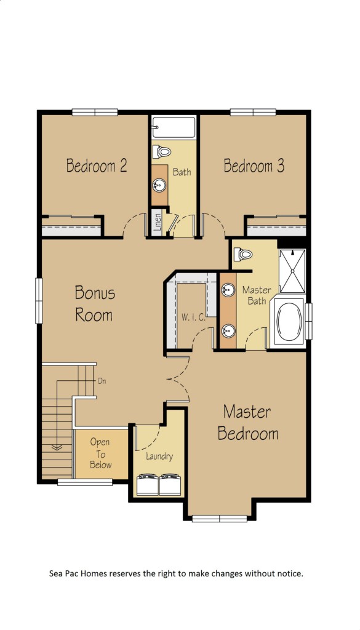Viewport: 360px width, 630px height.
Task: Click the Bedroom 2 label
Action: click(x=97, y=165)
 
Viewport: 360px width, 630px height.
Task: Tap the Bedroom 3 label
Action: click(x=254, y=165)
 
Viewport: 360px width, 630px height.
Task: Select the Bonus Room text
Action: click(x=94, y=303)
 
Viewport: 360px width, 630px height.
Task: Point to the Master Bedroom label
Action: click(x=248, y=423)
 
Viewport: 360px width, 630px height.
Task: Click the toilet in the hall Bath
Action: click(x=161, y=151)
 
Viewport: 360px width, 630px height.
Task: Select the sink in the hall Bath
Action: click(x=159, y=186)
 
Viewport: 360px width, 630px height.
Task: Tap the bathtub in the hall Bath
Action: click(x=174, y=127)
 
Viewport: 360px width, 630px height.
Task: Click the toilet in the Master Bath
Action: click(x=243, y=254)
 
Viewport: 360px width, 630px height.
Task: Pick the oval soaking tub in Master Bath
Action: click(x=289, y=322)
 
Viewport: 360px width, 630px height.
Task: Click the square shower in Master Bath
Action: click(x=292, y=271)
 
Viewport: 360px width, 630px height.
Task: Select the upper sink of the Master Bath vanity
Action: click(x=228, y=289)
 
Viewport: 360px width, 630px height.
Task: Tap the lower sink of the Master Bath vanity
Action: click(x=228, y=330)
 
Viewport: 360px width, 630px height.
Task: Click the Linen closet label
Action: click(x=158, y=222)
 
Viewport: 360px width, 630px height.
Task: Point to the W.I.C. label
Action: click(x=193, y=317)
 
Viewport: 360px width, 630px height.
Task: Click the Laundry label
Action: click(x=159, y=456)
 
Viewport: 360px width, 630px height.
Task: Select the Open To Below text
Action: click(x=100, y=453)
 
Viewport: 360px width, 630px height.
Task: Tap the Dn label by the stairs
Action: click(x=102, y=380)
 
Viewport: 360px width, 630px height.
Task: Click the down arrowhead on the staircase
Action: click(x=57, y=447)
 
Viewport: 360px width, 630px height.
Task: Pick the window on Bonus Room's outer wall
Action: click(x=39, y=301)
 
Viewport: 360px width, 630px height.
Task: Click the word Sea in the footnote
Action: click(x=56, y=573)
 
